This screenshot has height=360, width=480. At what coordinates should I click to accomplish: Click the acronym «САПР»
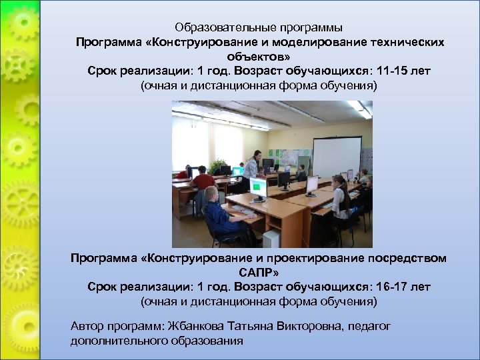click(x=257, y=273)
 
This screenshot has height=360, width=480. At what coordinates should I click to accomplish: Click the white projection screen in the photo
click(x=337, y=156)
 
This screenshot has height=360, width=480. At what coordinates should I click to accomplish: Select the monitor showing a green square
click(x=258, y=187)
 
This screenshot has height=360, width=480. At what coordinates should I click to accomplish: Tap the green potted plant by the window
click(x=217, y=165)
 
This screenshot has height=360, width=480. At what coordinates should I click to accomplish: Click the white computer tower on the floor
click(x=271, y=237)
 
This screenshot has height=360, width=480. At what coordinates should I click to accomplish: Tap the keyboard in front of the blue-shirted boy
click(x=241, y=212)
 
